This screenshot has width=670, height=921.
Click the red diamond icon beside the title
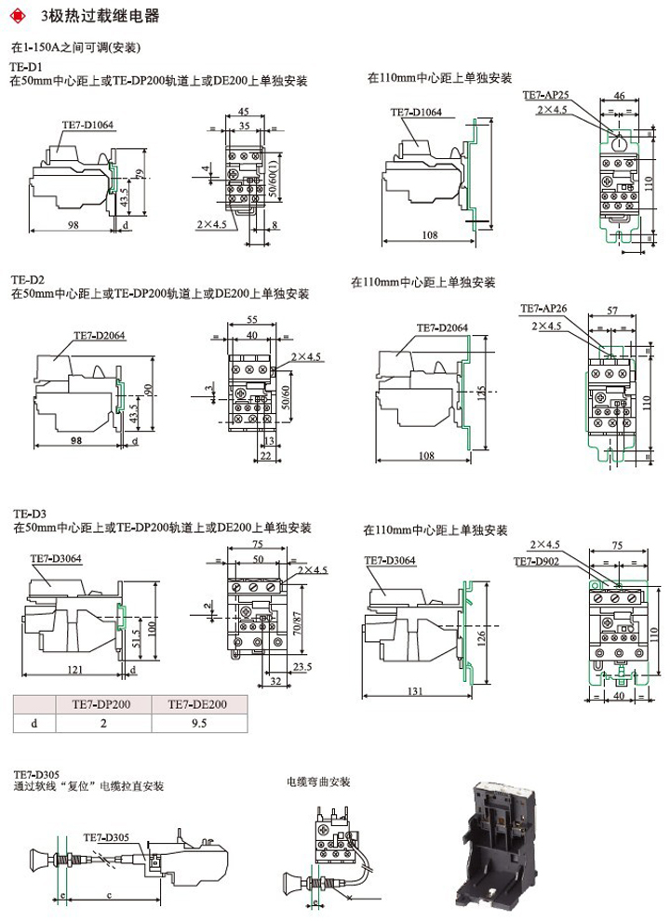(19, 16)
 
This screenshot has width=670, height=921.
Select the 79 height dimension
(139, 175)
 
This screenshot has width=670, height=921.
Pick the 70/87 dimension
(297, 616)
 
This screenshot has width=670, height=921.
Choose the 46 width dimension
(620, 94)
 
